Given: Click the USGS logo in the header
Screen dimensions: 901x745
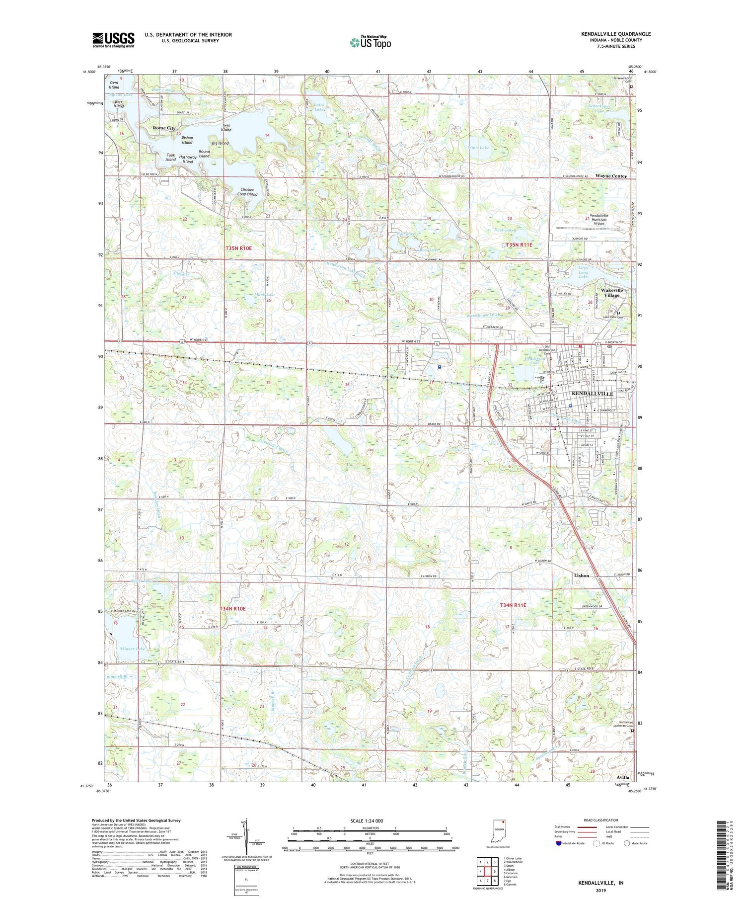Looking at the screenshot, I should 113,40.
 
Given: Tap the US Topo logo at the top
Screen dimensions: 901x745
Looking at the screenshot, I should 370,43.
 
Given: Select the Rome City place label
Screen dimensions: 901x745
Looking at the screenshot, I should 164,128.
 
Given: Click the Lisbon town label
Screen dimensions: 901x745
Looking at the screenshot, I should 581,575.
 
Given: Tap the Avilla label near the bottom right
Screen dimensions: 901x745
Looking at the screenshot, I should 622,777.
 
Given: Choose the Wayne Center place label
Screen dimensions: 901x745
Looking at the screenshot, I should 611,176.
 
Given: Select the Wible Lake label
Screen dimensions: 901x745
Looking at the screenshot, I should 478,148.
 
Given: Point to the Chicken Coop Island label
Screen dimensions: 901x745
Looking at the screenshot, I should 247,192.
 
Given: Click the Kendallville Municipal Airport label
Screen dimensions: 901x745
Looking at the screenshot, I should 598,220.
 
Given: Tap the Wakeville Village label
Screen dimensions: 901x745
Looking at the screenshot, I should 611,293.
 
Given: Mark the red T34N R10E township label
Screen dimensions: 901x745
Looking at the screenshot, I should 232,608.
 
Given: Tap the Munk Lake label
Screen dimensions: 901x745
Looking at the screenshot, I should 265,295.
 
